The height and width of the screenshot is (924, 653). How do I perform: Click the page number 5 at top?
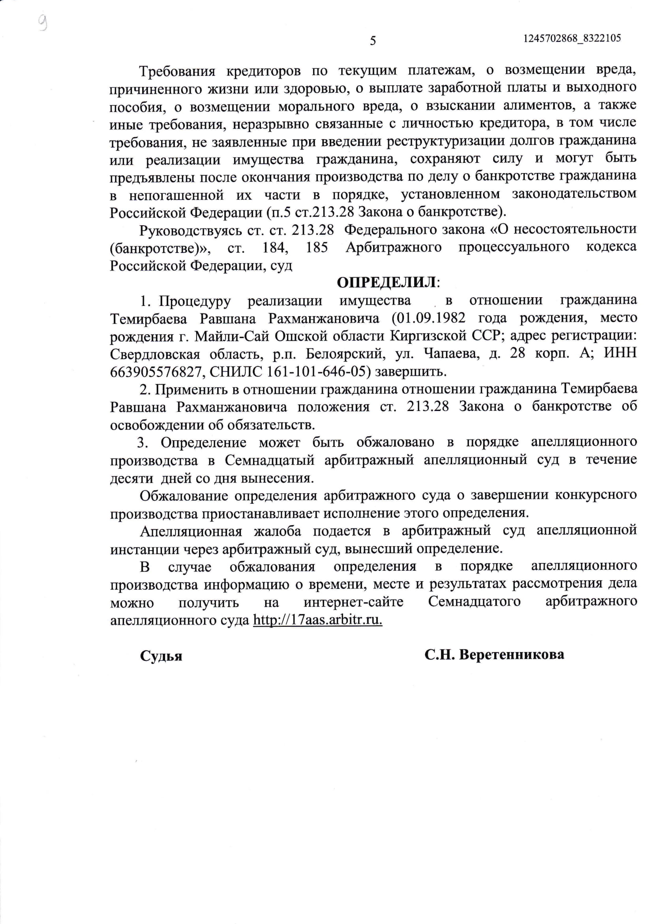(373, 41)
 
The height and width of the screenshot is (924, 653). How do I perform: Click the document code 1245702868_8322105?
(572, 39)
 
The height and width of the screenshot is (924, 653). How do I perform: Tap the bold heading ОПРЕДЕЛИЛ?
(386, 283)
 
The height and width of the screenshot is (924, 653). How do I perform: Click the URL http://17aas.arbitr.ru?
(317, 620)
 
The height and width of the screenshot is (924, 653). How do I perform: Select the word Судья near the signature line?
(161, 656)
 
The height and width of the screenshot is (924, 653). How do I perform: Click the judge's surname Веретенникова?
(511, 654)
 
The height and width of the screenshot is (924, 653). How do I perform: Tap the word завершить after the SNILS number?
(411, 371)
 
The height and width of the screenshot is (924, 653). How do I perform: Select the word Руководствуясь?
(188, 230)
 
